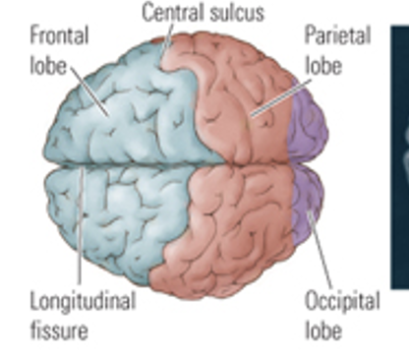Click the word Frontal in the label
[x=59, y=35]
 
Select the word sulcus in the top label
[x=240, y=13]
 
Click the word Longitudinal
[x=83, y=300]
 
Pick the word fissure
[x=58, y=329]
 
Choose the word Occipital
[x=341, y=300]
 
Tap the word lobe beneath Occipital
[x=323, y=329]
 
